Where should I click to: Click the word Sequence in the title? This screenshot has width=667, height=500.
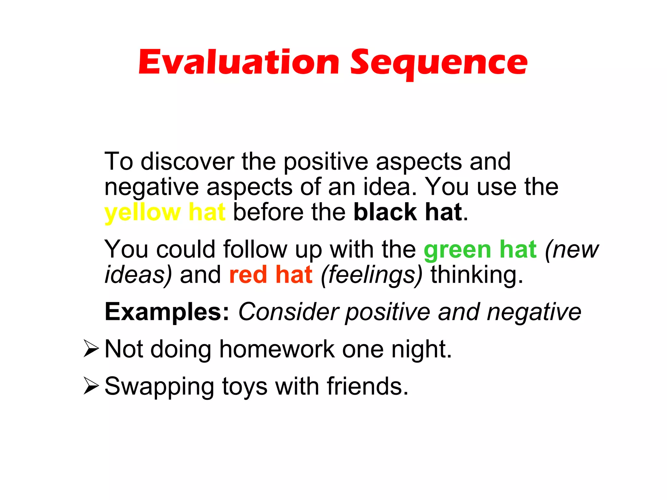438,63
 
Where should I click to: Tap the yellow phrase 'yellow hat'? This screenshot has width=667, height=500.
164,212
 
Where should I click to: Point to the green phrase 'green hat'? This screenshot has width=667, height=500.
480,250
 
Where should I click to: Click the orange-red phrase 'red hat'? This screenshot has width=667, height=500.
271,275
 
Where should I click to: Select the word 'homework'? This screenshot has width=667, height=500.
277,349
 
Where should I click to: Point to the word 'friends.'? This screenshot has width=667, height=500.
367,386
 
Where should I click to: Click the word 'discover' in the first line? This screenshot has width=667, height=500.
187,162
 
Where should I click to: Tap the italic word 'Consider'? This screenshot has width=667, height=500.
289,312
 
